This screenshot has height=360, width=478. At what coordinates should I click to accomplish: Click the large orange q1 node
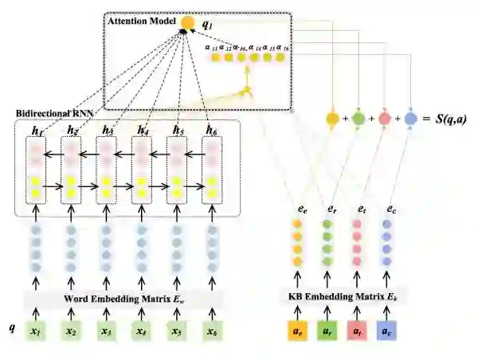188,24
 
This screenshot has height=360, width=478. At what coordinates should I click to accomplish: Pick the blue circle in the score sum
410,119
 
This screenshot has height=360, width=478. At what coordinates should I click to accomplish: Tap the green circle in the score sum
358,119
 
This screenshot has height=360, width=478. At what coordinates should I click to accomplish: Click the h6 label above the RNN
211,130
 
